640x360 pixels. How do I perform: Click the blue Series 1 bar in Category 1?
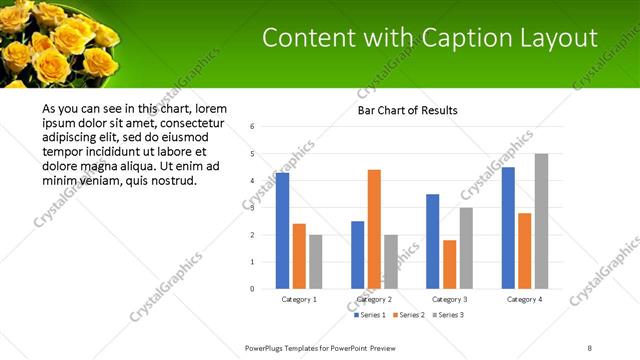point(282,231)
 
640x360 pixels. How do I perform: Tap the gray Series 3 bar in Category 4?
point(541,221)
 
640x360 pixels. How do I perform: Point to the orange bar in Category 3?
point(449,264)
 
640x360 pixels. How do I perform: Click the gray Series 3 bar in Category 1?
point(316,261)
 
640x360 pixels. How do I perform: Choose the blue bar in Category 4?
point(508,228)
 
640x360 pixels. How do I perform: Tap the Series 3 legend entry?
point(449,315)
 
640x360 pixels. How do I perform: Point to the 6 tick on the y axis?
point(253,127)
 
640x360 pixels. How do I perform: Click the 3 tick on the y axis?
point(253,208)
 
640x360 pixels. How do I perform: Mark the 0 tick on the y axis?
point(253,289)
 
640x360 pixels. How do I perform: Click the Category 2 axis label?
point(374,299)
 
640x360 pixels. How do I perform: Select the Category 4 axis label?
point(524,299)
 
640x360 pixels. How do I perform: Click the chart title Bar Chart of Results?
point(408,110)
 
